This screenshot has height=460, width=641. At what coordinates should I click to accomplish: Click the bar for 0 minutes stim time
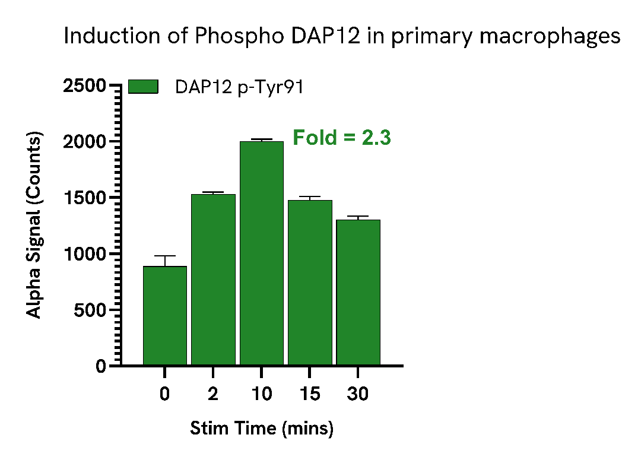[x=165, y=315]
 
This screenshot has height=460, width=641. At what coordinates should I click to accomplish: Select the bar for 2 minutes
[x=213, y=279]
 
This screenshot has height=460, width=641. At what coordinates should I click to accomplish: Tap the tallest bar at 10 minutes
[x=261, y=253]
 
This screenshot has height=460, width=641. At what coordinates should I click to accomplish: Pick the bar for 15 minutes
[x=310, y=282]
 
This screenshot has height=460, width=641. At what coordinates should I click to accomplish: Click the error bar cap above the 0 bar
[x=165, y=256]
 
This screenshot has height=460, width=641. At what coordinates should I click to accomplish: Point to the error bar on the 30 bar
[x=358, y=217]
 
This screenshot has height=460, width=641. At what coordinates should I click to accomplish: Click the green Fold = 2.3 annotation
[x=342, y=138]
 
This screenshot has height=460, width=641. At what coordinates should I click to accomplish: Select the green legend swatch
[x=143, y=87]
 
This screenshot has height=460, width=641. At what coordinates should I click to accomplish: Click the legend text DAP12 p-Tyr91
[x=239, y=87]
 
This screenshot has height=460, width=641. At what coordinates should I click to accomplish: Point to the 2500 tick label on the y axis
[x=84, y=87]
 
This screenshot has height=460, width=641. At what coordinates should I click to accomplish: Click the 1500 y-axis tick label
[x=84, y=198]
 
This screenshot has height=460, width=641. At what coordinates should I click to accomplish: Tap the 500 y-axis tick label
[x=89, y=310]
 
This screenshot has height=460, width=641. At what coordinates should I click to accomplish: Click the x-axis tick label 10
[x=261, y=394]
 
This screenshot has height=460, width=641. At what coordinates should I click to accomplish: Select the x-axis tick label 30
[x=358, y=394]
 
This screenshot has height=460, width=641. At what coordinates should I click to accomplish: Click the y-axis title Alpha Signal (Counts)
[x=36, y=226]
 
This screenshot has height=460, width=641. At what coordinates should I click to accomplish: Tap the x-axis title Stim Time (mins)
[x=262, y=428]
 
